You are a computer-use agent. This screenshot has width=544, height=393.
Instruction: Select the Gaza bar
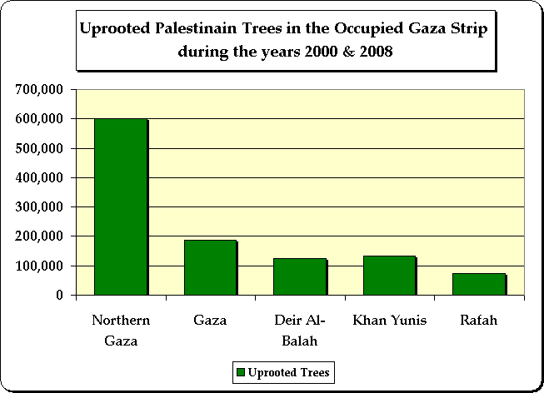coord(210,267)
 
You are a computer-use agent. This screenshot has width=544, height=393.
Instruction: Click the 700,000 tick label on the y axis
coord(41,89)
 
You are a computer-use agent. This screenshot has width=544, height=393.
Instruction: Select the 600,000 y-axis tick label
coord(41,119)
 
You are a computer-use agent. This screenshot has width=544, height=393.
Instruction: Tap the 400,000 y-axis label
coord(41,177)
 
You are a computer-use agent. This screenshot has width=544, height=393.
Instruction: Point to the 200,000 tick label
coord(41,236)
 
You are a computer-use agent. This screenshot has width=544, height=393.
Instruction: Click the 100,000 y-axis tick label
coord(41,266)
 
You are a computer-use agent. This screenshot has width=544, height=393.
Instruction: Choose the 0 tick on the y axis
coord(59,295)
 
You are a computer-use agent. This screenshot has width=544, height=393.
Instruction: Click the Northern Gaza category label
coord(120,330)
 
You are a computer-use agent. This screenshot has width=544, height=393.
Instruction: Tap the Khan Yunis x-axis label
coord(389,321)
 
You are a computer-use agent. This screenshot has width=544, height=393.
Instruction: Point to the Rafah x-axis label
coord(479,321)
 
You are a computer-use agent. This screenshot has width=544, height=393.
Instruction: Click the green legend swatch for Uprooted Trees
coord(241,371)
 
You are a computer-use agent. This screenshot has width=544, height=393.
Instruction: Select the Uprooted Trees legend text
coord(287,371)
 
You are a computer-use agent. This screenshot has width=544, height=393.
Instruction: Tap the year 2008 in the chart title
coord(375,51)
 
